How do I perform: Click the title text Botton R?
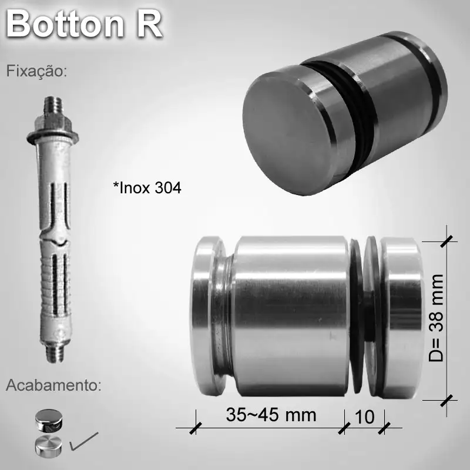click(x=84, y=25)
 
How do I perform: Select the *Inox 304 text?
click(x=147, y=188)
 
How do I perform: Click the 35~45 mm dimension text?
click(x=271, y=415)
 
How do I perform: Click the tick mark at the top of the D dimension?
click(x=448, y=240)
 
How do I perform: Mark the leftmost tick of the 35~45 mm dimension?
click(x=194, y=428)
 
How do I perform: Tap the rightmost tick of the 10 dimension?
click(x=385, y=428)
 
